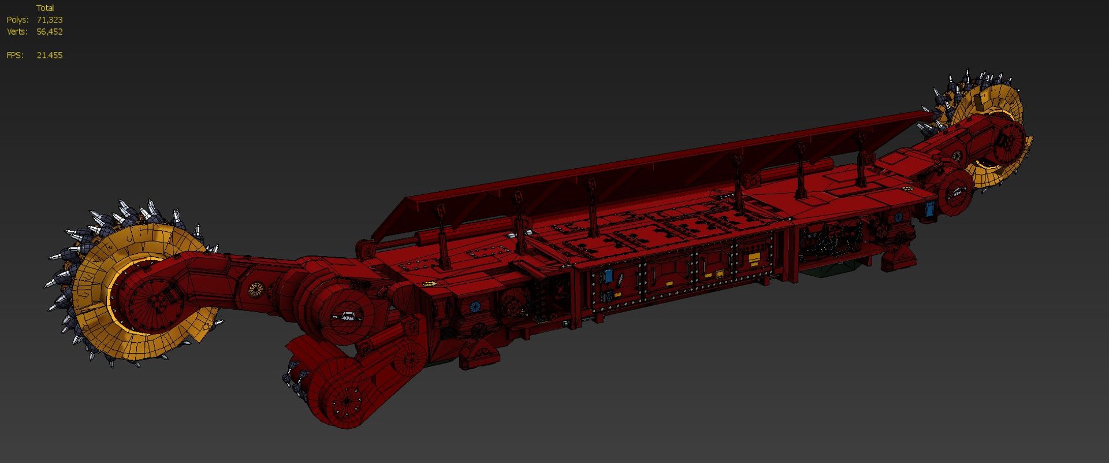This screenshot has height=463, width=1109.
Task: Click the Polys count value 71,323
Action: (49, 20)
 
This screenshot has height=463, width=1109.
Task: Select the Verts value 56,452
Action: (49, 32)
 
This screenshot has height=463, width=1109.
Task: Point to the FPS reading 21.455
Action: (49, 55)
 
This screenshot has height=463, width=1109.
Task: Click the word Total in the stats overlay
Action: (45, 8)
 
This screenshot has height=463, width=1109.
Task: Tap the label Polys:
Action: (17, 20)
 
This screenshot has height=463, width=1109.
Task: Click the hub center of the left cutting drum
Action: (155, 301)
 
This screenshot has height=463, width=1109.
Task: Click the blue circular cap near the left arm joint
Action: (475, 307)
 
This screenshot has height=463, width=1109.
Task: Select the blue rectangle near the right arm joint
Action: (929, 209)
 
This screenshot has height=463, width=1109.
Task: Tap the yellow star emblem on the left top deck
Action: (429, 284)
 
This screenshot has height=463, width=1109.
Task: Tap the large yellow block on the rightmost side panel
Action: (754, 257)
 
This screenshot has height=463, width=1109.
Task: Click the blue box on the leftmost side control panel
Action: (608, 276)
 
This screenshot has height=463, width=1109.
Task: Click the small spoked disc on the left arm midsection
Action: (255, 289)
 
